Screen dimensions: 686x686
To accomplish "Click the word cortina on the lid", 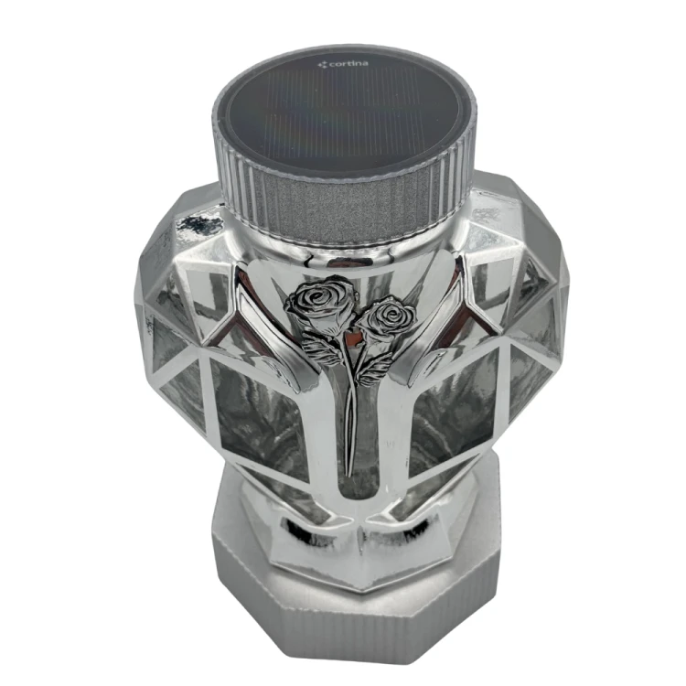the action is pyautogui.click(x=348, y=64).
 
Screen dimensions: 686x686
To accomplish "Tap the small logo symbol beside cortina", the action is pyautogui.click(x=323, y=65).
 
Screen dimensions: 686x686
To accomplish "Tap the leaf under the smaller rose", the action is pyautogui.click(x=375, y=367).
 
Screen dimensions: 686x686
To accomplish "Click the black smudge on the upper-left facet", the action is pyautogui.click(x=196, y=224).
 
